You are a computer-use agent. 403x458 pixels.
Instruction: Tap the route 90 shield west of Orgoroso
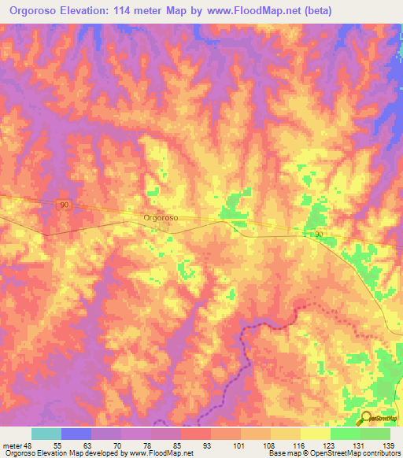(65, 205)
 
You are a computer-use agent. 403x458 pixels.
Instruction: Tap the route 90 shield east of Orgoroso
(319, 235)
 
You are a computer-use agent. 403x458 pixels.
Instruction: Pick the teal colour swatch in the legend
(46, 434)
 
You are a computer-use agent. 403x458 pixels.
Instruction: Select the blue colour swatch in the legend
(76, 434)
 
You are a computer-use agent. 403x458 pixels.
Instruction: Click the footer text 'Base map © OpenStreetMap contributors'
(333, 453)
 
